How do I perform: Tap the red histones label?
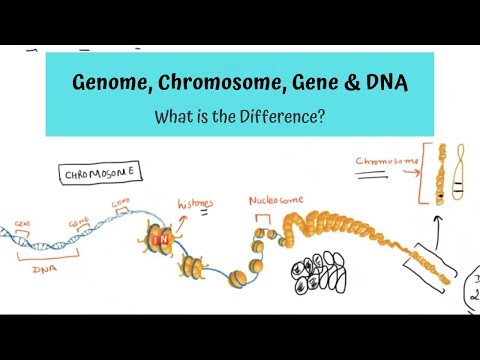(196, 202)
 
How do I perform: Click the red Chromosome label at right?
(383, 158)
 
